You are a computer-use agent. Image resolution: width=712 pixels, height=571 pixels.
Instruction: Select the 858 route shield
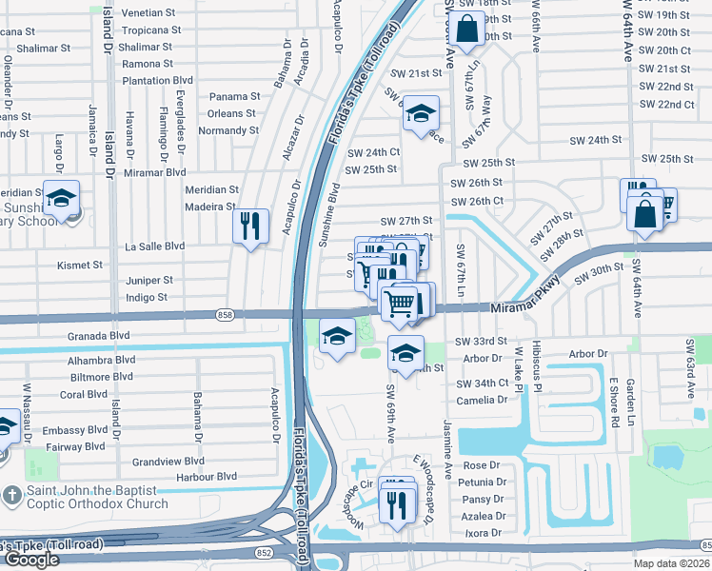[x=225, y=314]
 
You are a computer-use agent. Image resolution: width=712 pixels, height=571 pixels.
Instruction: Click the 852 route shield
[x=261, y=551]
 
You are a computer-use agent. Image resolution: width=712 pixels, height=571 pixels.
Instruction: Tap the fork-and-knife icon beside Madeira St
[x=250, y=226]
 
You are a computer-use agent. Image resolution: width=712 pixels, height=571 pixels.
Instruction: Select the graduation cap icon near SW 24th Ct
[x=420, y=115]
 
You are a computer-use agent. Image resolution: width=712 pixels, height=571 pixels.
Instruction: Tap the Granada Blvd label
[x=98, y=336]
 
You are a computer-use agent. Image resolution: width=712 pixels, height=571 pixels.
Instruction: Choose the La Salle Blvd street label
[x=155, y=246]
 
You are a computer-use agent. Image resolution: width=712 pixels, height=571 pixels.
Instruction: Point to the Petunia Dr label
[x=481, y=482]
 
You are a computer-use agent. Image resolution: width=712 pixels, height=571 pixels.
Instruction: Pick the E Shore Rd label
[x=616, y=403]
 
